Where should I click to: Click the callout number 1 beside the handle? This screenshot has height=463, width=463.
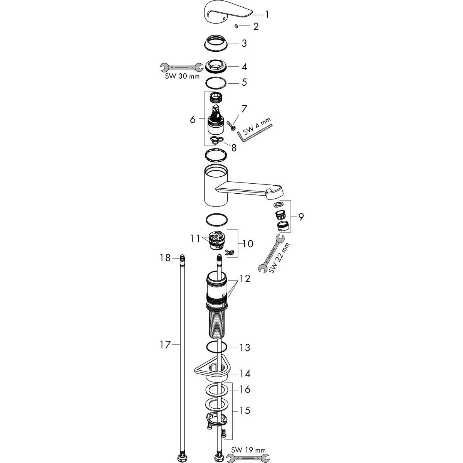pyautogui.click(x=267, y=15)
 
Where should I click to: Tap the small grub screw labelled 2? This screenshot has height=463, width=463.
pyautogui.click(x=237, y=26)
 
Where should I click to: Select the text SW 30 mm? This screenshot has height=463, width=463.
pyautogui.click(x=182, y=77)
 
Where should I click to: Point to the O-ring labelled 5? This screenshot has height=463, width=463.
pyautogui.click(x=216, y=83)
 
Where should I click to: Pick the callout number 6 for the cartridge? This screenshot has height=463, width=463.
pyautogui.click(x=193, y=119)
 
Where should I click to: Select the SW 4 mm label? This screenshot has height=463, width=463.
pyautogui.click(x=256, y=126)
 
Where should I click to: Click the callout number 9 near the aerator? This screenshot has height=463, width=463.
pyautogui.click(x=301, y=217)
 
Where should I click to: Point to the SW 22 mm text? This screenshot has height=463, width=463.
pyautogui.click(x=279, y=258)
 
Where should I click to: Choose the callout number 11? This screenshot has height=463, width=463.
pyautogui.click(x=195, y=238)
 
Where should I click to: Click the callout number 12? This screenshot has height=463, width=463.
pyautogui.click(x=245, y=279)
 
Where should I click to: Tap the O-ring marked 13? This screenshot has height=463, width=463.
pyautogui.click(x=216, y=347)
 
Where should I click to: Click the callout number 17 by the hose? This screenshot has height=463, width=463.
pyautogui.click(x=165, y=345)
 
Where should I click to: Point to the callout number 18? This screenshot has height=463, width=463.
pyautogui.click(x=165, y=258)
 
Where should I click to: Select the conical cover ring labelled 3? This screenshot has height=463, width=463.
pyautogui.click(x=215, y=44)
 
